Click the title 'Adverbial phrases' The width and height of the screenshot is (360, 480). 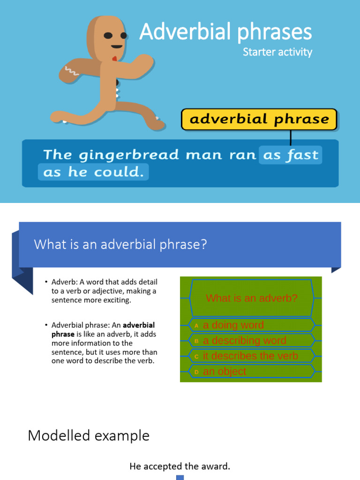tap(225, 32)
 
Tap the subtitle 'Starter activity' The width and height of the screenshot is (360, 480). tap(277, 52)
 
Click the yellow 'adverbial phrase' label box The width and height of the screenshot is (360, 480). tap(259, 119)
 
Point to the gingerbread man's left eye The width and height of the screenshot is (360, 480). tap(108, 36)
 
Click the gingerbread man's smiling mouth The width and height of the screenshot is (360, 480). tap(116, 47)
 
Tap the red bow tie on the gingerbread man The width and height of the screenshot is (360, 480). tap(114, 59)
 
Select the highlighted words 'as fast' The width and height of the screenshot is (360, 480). tap(290, 155)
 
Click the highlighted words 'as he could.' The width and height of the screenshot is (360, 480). tap(93, 172)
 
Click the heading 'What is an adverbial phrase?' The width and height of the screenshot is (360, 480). tap(120, 245)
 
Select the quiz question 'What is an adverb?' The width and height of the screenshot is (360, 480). tap(252, 298)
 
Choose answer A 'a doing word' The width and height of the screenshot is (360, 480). tap(233, 325)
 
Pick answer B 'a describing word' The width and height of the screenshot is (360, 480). tap(244, 340)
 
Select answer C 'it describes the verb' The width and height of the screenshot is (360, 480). tap(250, 356)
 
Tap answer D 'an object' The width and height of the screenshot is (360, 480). tap(224, 371)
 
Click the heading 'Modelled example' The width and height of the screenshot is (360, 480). tap(89, 435)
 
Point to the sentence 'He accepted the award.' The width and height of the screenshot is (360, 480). tap(180, 466)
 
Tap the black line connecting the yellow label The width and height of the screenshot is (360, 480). tap(291, 137)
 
